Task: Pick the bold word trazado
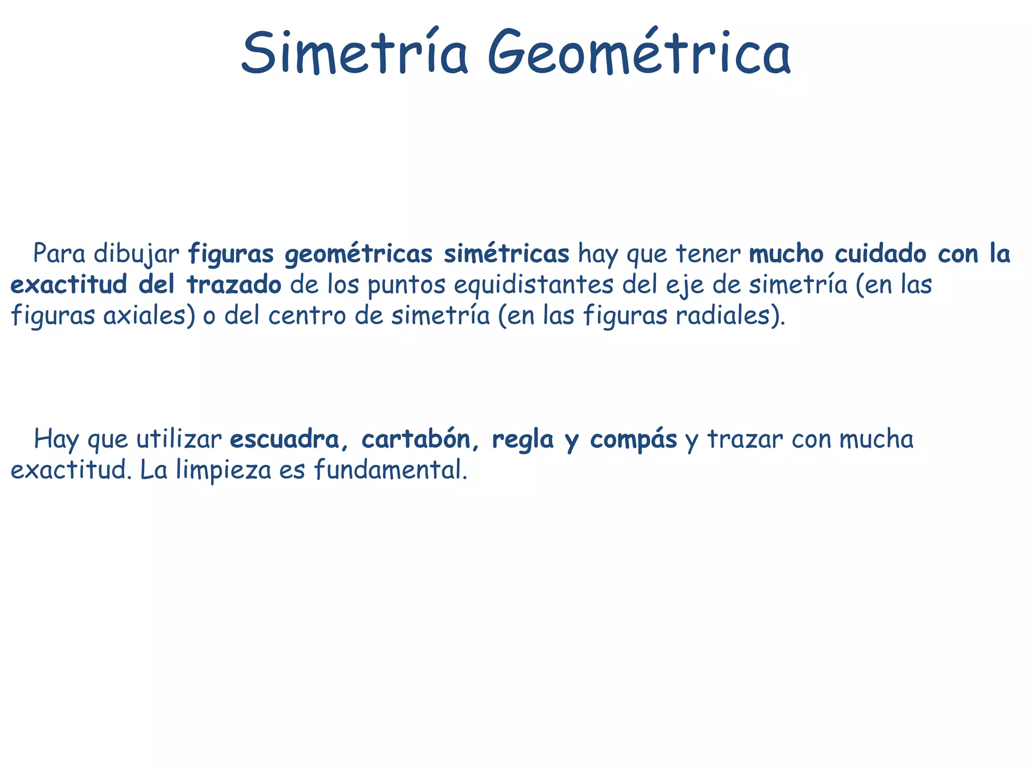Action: [234, 285]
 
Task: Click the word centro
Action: [307, 316]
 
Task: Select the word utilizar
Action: [179, 439]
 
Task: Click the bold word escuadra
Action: [284, 439]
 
